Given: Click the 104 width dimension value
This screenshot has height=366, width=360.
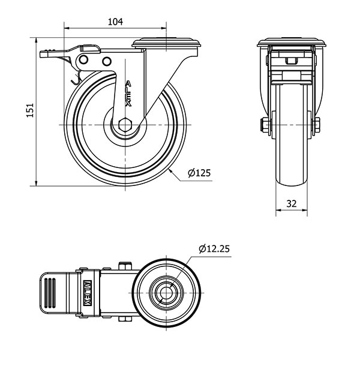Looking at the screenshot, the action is tap(115, 22).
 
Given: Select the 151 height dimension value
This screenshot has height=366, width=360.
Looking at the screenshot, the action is tap(30, 110).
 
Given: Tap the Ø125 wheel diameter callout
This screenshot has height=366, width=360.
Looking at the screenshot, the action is tap(199, 173).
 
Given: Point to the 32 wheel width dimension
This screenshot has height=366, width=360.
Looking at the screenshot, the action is tap(292, 203).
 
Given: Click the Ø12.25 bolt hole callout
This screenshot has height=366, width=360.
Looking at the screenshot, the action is tap(214, 249).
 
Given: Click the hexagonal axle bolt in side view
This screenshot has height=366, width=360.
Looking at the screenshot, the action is tap(125, 125).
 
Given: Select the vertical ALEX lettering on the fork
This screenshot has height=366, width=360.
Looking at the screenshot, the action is tap(128, 94).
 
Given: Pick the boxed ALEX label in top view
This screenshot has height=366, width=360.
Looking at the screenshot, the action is tap(87, 293).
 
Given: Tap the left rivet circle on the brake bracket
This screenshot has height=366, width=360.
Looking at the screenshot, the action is tap(83, 59).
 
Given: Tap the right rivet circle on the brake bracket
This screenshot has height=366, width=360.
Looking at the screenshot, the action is tap(106, 61).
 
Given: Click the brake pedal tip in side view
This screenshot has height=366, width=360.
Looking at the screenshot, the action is tap(44, 54).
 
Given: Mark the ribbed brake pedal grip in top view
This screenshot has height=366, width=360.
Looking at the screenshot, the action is tap(50, 293).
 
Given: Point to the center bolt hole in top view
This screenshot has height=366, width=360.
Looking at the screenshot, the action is tap(166, 293).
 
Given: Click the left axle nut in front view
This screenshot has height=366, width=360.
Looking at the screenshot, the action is tap(263, 125).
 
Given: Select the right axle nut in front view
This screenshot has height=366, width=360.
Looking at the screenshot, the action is tap(317, 125).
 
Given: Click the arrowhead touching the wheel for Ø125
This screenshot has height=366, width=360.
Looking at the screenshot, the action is tap(170, 171).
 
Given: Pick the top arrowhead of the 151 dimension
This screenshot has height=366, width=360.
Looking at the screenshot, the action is tap(36, 41).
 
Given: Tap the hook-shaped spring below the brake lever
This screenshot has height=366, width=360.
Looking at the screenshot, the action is tap(76, 78).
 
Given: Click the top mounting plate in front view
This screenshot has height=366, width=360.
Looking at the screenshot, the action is tap(292, 42).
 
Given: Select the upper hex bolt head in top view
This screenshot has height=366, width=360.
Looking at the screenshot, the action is tap(125, 266).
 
